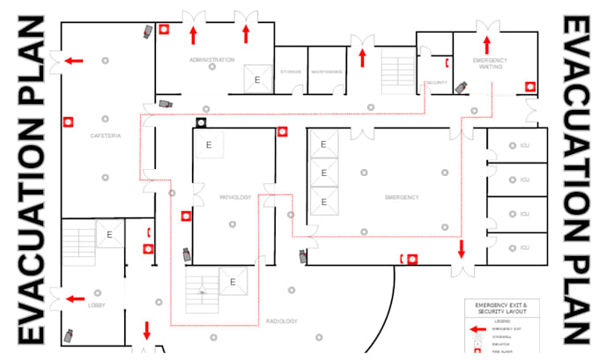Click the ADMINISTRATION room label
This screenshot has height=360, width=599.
211,60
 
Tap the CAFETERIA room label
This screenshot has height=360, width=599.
105,136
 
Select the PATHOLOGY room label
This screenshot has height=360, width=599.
236,197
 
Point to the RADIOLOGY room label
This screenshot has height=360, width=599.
282,321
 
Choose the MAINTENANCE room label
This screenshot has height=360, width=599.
326,71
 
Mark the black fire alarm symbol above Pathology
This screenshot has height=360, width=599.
201,121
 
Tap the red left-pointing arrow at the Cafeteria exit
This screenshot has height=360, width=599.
74,61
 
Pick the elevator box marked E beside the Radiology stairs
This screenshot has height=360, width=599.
233,282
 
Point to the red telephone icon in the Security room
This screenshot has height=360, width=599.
447,62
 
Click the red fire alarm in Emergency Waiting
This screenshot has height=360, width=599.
530,86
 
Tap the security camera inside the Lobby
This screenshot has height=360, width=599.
68,335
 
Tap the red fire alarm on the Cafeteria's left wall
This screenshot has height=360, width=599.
66,121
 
